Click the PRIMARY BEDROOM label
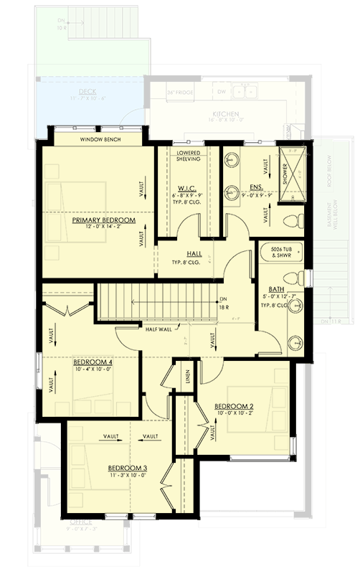click(104, 220)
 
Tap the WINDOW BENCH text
click(100, 139)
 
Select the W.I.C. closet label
click(187, 188)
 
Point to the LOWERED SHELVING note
click(189, 156)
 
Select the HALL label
click(194, 253)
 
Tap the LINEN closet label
click(187, 377)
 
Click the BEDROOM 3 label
click(128, 468)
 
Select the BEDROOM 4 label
click(94, 363)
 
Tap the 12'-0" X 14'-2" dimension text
click(104, 228)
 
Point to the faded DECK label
click(87, 93)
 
